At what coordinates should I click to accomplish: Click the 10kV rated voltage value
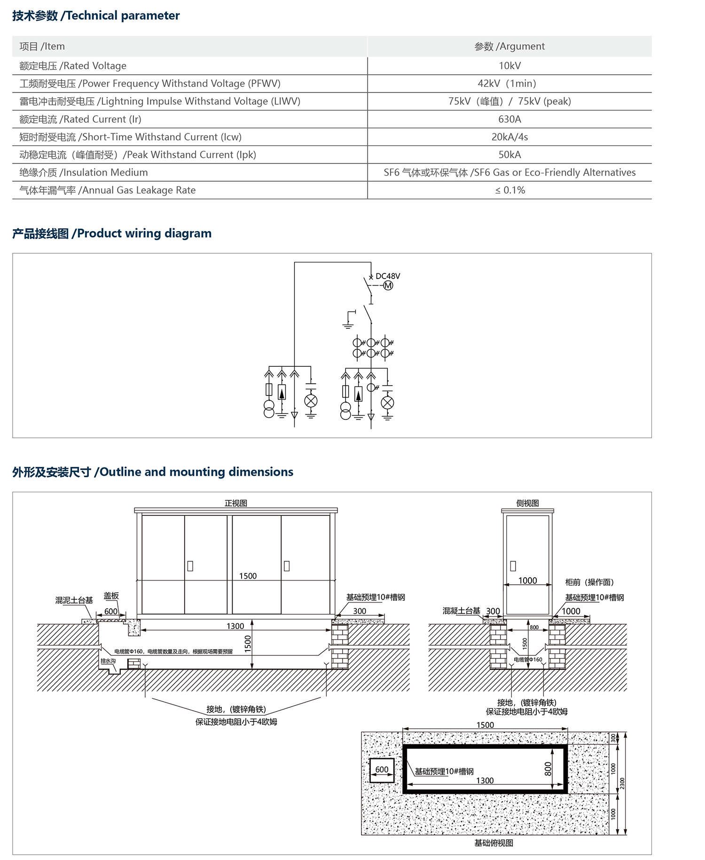509,66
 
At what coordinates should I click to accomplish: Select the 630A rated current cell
509,119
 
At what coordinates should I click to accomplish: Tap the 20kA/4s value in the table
509,137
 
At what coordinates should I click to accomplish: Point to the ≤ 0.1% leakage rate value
509,190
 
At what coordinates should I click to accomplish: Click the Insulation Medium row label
84,172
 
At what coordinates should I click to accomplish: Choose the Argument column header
509,46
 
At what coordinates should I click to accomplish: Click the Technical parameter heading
96,15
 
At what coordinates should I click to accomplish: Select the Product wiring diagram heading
112,233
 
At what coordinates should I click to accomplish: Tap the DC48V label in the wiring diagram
388,276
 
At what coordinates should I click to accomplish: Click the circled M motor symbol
388,286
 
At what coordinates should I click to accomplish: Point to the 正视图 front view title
235,503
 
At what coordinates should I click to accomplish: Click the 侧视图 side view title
527,503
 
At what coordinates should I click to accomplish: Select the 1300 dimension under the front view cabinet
235,626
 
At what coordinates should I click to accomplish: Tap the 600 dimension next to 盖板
111,612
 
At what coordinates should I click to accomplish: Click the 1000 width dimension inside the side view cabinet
527,581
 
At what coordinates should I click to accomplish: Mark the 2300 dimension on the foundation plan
622,783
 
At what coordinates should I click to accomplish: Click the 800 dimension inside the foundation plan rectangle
548,769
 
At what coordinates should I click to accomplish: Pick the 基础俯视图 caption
493,843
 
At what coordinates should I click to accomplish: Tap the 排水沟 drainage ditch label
108,661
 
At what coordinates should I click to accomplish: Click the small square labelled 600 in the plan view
382,770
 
